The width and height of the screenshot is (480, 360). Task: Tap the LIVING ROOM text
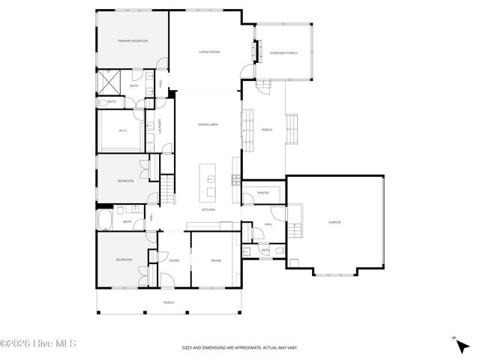[209, 52]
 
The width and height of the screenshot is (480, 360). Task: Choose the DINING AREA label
[208, 124]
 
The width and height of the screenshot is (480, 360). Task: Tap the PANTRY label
[263, 193]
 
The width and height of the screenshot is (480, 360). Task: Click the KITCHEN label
[208, 210]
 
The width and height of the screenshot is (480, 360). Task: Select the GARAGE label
[334, 223]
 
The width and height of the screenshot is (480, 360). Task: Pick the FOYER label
[173, 260]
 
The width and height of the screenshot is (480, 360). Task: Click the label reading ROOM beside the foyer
[216, 260]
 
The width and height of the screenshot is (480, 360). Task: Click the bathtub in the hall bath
[106, 220]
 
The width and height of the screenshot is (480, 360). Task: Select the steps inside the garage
[296, 223]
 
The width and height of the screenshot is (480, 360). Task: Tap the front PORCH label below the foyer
[169, 303]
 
